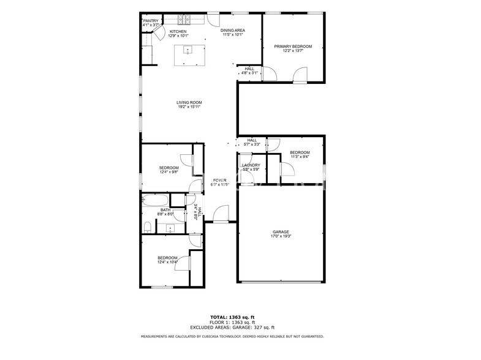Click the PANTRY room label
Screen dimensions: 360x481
point(151,20)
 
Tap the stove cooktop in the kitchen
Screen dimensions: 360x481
point(186,19)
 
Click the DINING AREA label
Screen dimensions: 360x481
point(232,30)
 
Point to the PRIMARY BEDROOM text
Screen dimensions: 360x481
point(293,47)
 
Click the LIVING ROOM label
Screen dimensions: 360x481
point(189,102)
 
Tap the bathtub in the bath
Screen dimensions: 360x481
point(155,200)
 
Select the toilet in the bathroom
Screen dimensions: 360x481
point(147,227)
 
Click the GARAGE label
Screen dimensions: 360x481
point(281,232)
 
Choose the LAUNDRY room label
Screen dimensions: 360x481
point(251,165)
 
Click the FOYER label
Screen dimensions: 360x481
point(219,180)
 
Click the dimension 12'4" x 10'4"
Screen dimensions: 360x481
point(168,262)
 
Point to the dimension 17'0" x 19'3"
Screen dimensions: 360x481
point(281,236)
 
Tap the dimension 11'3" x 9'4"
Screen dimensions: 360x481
point(300,157)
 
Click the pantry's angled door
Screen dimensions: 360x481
point(156,31)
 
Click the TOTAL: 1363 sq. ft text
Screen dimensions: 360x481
point(232,317)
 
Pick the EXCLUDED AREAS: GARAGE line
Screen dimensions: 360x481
point(232,327)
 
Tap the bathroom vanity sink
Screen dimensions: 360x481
point(169,228)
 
